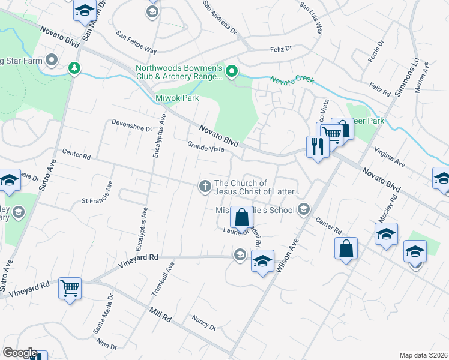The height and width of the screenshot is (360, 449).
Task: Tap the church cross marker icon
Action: [x=205, y=187]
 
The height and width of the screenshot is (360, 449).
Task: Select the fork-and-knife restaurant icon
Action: [x=317, y=146]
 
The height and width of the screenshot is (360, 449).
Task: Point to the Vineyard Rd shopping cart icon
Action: [x=70, y=289]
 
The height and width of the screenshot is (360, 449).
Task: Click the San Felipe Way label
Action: [x=136, y=44]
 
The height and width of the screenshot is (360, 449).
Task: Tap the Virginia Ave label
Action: [x=390, y=158]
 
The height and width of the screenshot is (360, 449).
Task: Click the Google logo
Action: [x=20, y=352]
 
